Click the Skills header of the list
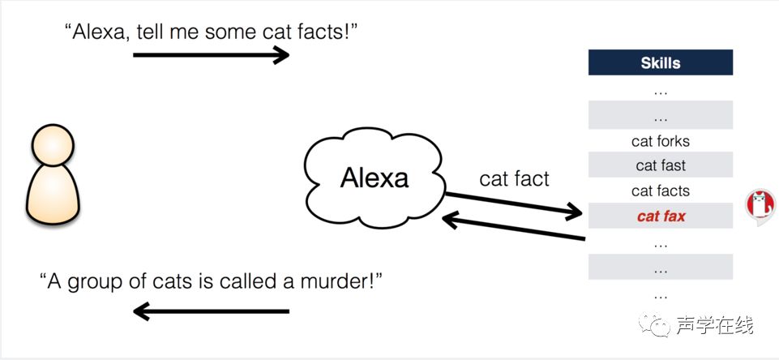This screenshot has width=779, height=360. click(660, 62)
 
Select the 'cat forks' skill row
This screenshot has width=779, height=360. click(660, 141)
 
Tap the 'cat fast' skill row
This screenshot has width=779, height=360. click(660, 165)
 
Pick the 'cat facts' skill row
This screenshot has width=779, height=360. click(660, 191)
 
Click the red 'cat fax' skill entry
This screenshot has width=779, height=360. click(660, 216)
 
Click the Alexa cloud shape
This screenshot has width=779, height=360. click(374, 178)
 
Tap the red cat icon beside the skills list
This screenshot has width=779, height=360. click(760, 208)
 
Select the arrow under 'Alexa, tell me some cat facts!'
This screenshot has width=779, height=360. click(211, 55)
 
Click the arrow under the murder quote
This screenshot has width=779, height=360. click(211, 311)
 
